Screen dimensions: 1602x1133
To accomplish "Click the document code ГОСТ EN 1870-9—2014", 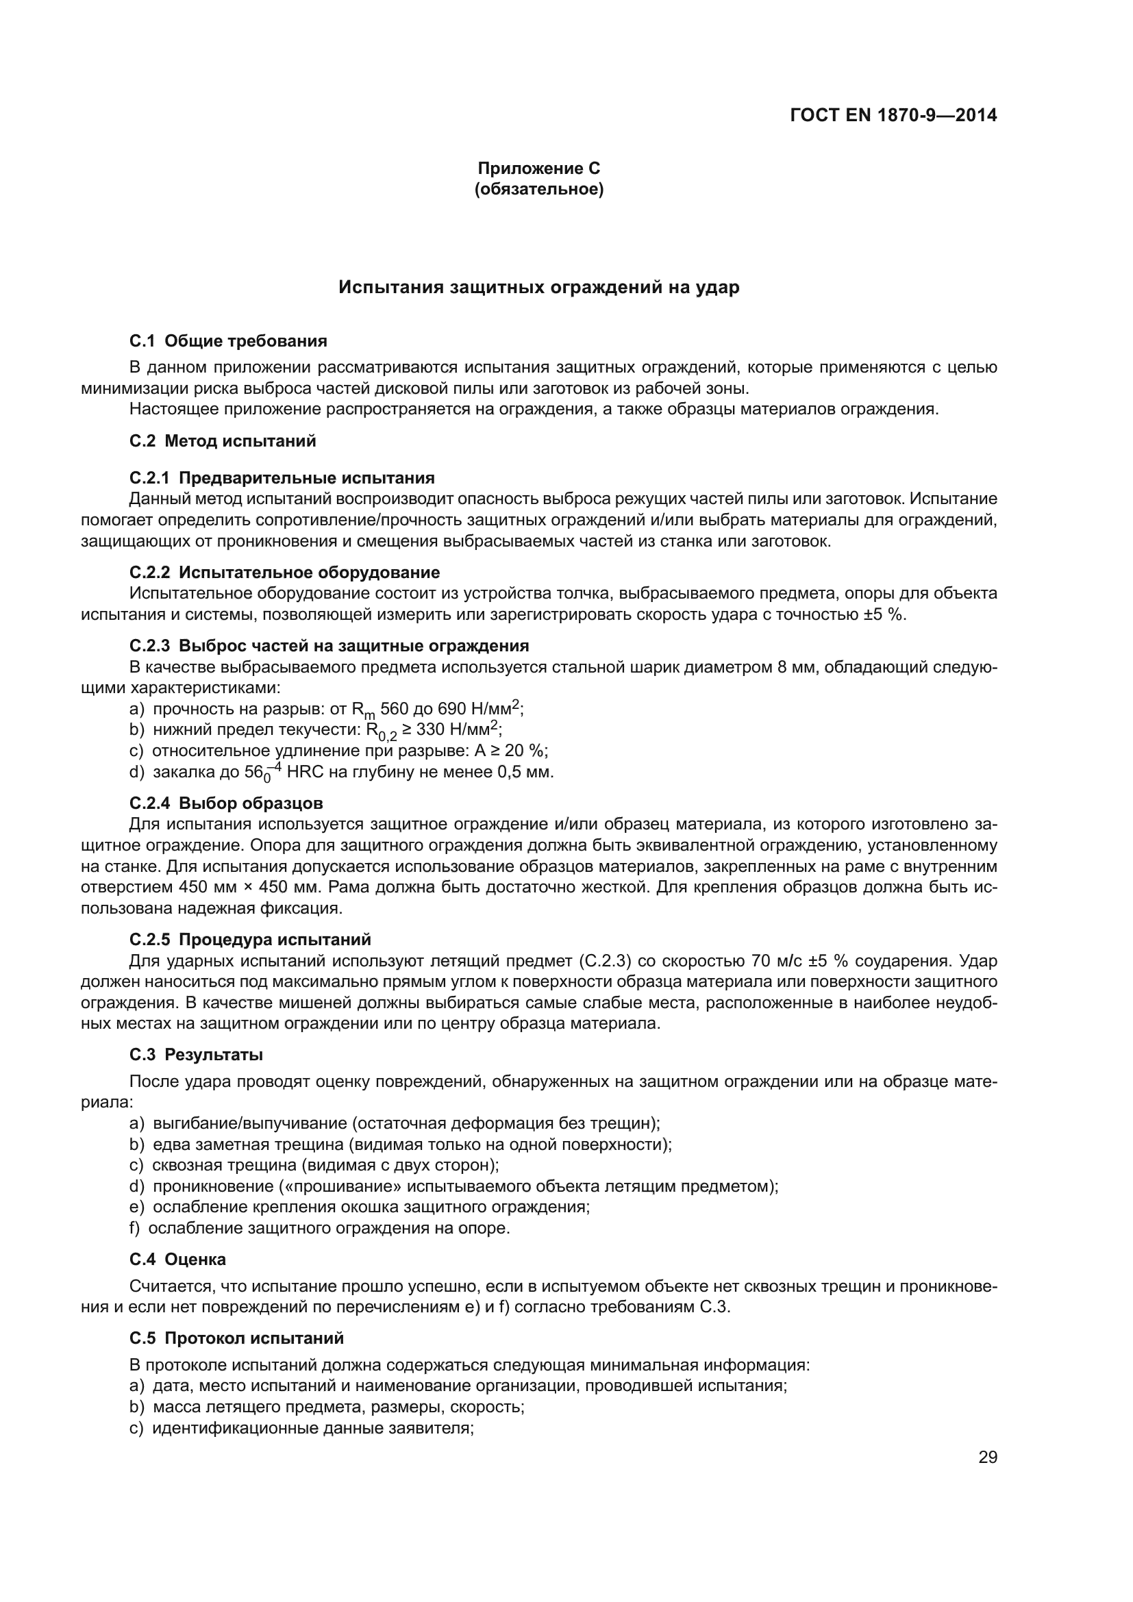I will [893, 115].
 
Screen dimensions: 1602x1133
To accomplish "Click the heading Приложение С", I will [538, 168].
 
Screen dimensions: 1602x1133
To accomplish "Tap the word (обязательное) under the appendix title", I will [538, 189].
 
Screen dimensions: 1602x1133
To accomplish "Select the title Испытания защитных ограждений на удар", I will [538, 288].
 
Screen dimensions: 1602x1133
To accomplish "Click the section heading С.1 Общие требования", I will [228, 341].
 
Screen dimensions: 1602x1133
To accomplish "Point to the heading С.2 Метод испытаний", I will [223, 441].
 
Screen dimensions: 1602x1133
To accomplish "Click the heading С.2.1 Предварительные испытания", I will [282, 478].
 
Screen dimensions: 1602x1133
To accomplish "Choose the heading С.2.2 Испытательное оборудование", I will [285, 573].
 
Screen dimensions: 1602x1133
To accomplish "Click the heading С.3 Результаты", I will [196, 1055].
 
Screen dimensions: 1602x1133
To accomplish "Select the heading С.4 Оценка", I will [177, 1260].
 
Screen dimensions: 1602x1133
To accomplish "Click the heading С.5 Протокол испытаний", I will [236, 1338].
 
